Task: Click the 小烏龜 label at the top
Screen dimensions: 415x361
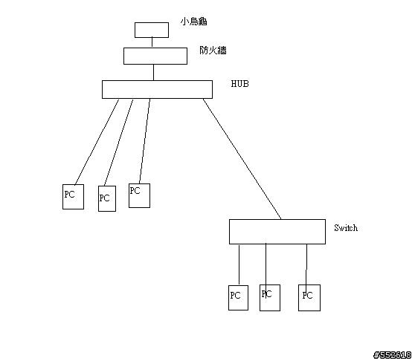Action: pos(193,21)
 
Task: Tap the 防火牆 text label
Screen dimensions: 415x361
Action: pos(213,51)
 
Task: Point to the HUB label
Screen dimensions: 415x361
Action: pos(240,84)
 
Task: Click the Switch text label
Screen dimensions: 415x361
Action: pos(346,228)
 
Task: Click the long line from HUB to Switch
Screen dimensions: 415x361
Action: pos(242,159)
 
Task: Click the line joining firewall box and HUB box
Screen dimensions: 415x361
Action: pos(153,72)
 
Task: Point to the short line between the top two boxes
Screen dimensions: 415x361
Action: pos(152,42)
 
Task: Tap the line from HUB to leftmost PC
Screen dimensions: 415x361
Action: pos(97,142)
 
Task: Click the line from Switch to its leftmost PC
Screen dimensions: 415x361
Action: pos(239,264)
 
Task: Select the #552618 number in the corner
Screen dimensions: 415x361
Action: pos(393,355)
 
